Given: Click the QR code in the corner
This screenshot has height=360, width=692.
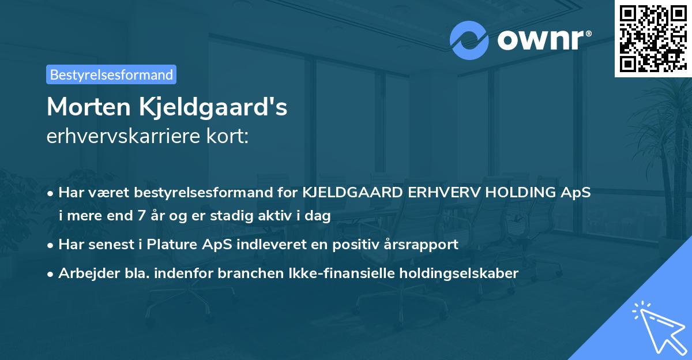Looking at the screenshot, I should [653, 38].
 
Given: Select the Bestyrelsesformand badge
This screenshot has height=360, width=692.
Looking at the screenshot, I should [111, 74].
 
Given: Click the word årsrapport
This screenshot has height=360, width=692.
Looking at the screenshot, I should [423, 245].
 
